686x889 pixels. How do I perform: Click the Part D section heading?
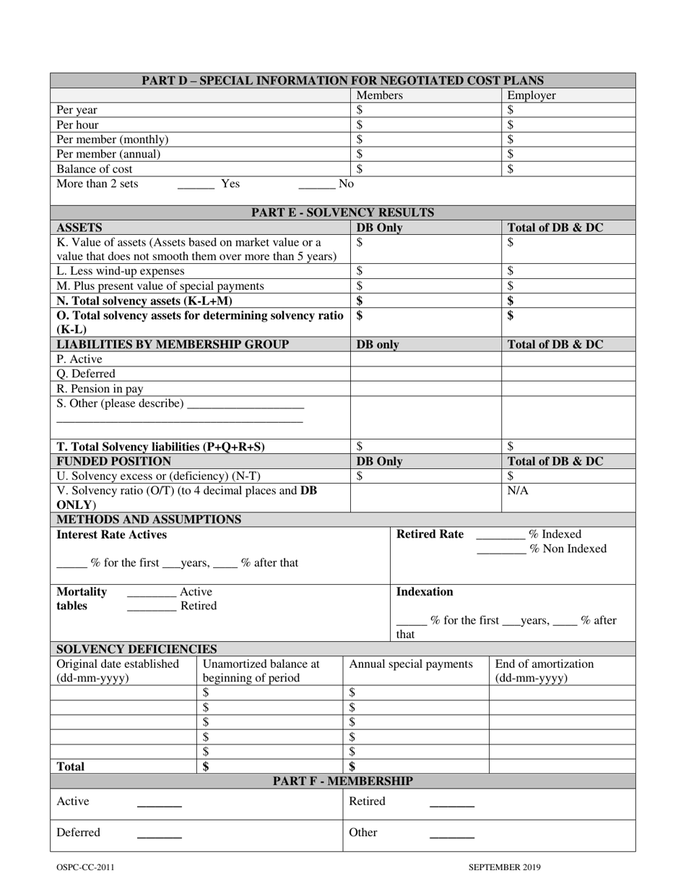[342, 80]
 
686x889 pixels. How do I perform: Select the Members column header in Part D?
[379, 95]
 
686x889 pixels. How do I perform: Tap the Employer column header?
[531, 95]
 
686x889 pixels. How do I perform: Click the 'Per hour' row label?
[77, 125]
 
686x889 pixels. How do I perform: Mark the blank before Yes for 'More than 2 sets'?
[196, 185]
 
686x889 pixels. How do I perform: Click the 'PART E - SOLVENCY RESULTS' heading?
[342, 212]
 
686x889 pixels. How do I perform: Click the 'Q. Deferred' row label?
[85, 374]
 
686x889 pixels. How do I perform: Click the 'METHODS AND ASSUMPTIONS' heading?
[149, 520]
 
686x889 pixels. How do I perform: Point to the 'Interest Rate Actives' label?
[111, 535]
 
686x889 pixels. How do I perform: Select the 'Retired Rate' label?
[430, 535]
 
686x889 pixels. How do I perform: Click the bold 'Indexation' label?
[425, 592]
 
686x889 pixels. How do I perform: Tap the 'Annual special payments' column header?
[411, 664]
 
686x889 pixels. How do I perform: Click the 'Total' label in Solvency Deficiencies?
[70, 767]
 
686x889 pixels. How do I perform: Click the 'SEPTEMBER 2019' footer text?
[504, 868]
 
